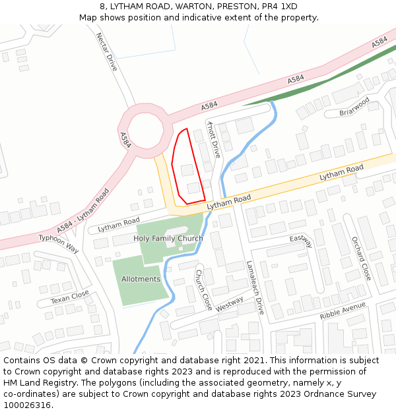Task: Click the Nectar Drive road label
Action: click(107, 52)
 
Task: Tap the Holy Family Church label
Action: click(168, 239)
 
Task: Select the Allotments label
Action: click(141, 279)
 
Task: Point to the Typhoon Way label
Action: click(59, 243)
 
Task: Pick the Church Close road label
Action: click(204, 290)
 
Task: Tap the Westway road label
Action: click(229, 304)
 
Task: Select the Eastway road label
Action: click(300, 241)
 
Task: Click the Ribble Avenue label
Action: click(343, 311)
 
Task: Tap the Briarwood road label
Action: click(354, 106)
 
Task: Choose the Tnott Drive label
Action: click(213, 139)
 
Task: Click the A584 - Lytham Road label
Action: click(82, 210)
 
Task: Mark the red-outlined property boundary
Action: click(188, 167)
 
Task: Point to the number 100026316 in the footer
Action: click(27, 405)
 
